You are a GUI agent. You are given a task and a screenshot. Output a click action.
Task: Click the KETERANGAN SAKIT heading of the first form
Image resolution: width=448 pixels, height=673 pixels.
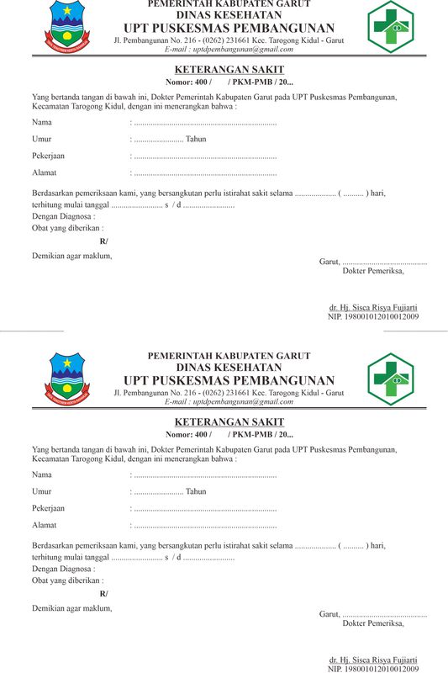point(229,69)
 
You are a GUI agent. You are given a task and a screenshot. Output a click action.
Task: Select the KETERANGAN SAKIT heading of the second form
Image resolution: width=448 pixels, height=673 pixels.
point(229,421)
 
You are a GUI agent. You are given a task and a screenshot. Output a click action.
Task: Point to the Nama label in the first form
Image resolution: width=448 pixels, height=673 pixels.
point(41,123)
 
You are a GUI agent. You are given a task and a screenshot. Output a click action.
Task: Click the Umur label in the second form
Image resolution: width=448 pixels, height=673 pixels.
point(41,491)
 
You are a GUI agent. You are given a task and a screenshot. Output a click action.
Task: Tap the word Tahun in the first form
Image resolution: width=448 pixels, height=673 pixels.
point(196,139)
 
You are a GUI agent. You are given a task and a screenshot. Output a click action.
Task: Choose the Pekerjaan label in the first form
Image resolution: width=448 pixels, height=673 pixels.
point(48,156)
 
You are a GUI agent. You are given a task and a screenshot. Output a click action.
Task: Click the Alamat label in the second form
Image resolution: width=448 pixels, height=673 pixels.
point(44,525)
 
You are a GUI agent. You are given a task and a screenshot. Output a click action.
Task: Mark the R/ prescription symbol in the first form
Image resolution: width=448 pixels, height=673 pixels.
point(103,241)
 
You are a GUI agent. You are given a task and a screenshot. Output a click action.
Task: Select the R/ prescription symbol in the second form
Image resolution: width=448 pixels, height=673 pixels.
point(103,594)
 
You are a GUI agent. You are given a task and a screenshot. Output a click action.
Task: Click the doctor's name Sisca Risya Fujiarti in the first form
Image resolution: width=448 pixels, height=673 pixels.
point(373,308)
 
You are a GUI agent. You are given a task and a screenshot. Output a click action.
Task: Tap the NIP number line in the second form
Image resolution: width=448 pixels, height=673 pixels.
point(373,669)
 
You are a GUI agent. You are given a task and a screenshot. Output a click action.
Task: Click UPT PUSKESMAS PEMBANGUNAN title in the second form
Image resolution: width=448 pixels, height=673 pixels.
point(229,380)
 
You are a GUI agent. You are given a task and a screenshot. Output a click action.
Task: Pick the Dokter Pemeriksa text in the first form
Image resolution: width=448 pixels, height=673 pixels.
point(373,271)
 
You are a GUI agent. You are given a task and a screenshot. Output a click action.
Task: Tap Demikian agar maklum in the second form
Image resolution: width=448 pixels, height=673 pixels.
point(71,607)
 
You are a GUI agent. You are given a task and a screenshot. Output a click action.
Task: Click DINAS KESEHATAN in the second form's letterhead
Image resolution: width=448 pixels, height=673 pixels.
point(229,367)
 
